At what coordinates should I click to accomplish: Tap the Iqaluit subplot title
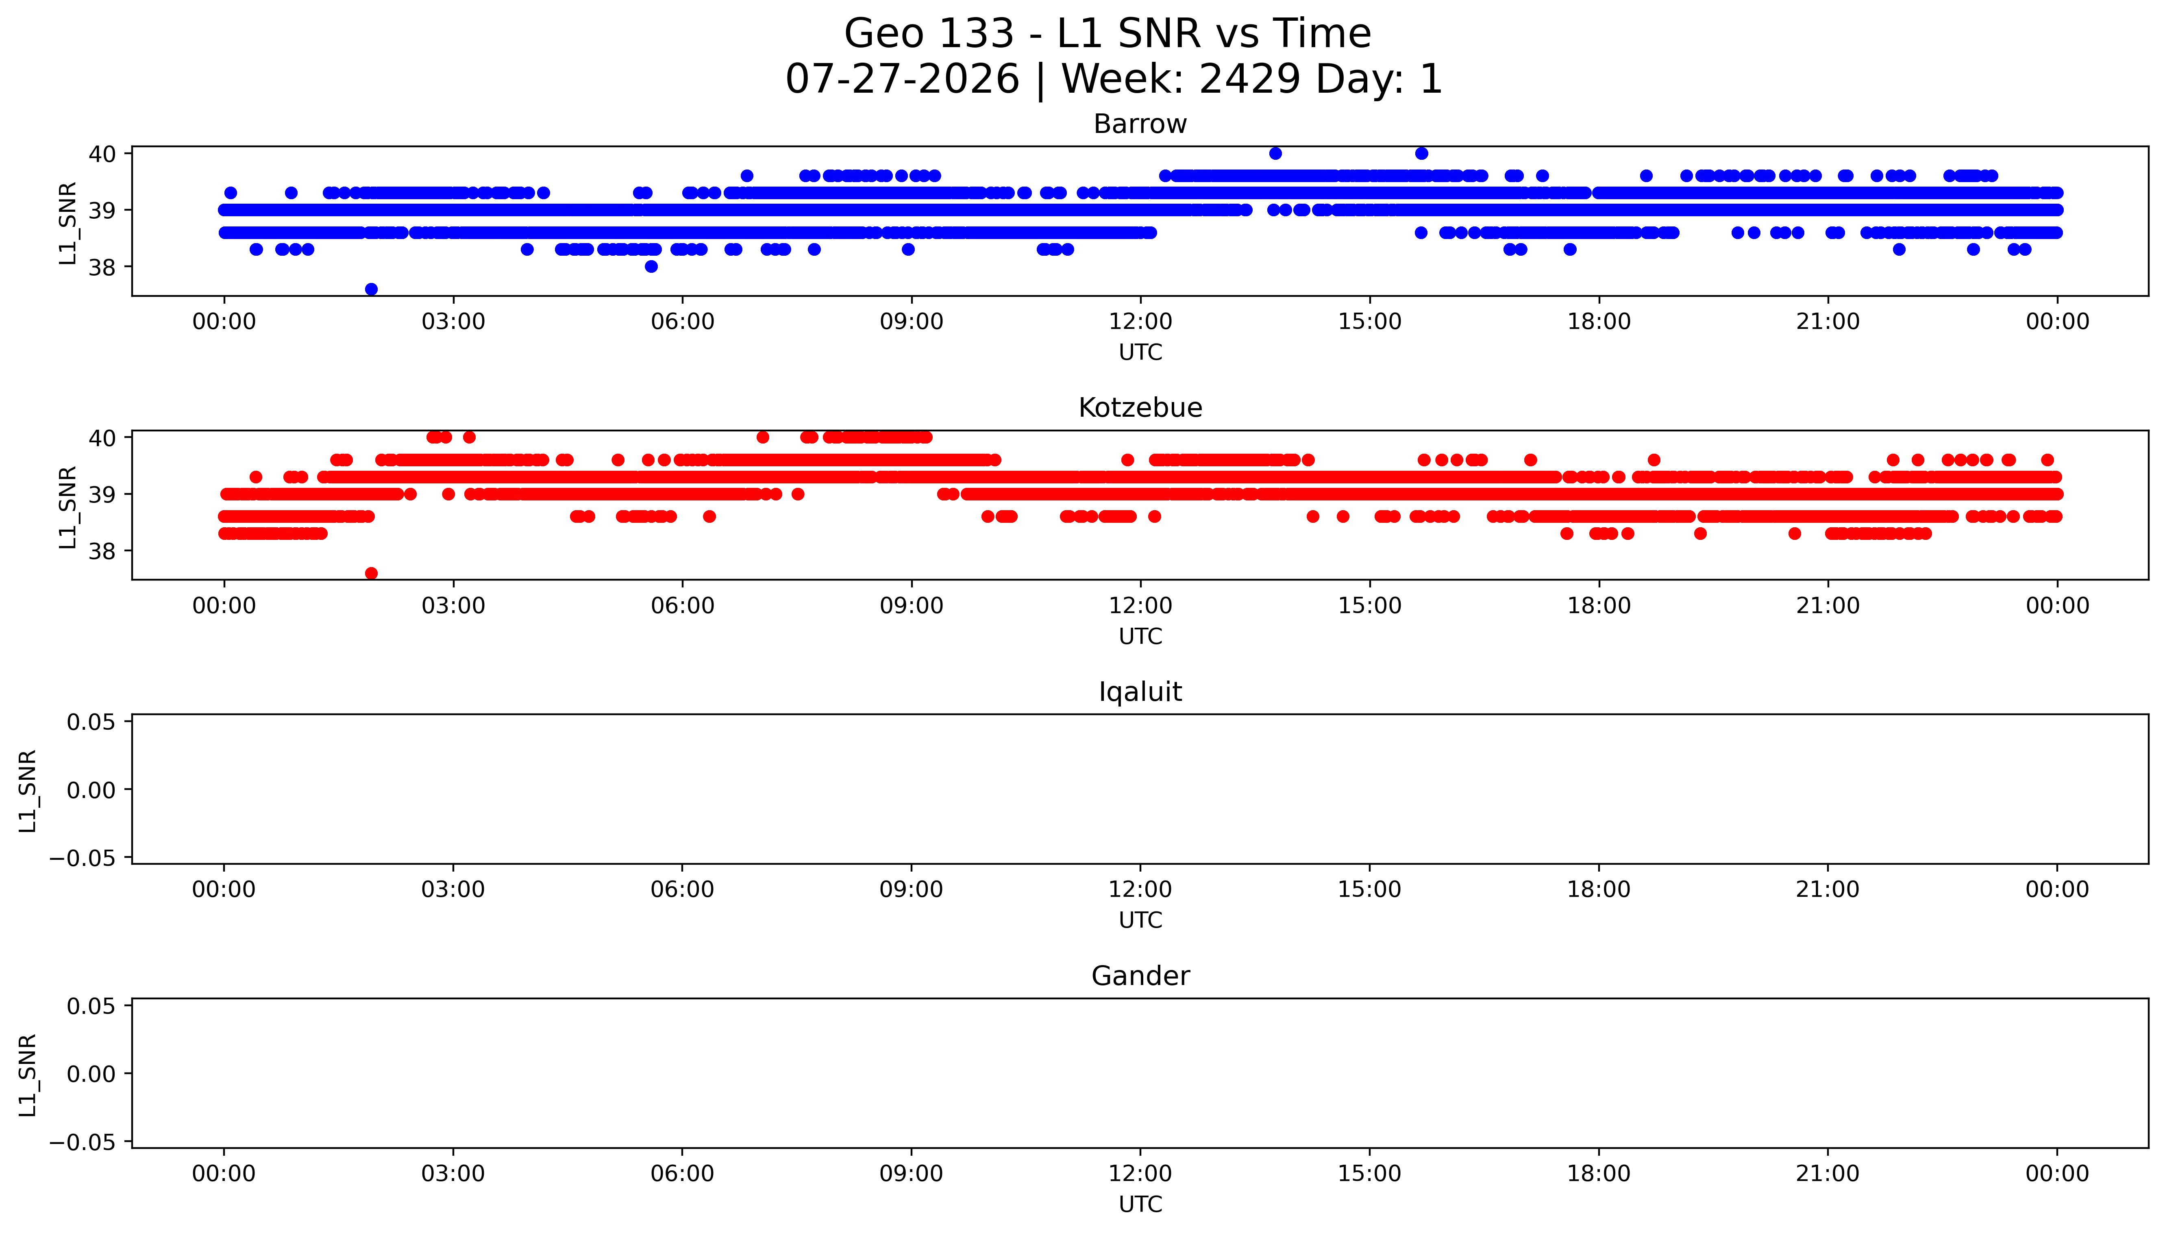pyautogui.click(x=1140, y=692)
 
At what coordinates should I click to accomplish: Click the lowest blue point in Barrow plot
pyautogui.click(x=371, y=289)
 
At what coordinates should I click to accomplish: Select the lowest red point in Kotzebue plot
pyautogui.click(x=371, y=573)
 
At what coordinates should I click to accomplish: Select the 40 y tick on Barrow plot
pyautogui.click(x=102, y=153)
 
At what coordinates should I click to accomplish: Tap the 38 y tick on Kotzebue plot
pyautogui.click(x=102, y=550)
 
